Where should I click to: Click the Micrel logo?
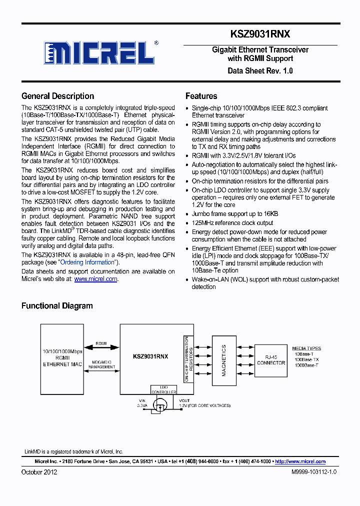coord(100,52)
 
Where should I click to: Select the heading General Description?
coord(57,96)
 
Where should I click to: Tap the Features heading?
coord(201,96)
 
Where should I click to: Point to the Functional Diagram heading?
coord(57,305)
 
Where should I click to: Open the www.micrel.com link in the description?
coord(95,279)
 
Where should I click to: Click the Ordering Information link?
coord(87,262)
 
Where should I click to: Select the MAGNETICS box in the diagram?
coord(223,360)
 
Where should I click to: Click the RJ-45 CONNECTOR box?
coord(271,359)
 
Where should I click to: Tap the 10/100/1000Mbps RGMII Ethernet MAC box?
coord(62,357)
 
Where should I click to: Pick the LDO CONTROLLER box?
coord(163,389)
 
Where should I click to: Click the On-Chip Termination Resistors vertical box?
coord(188,359)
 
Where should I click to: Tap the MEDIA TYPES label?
coord(306,348)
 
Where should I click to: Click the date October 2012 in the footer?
coord(39,472)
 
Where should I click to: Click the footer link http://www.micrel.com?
coord(300,461)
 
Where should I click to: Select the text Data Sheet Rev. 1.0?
coord(260,70)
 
